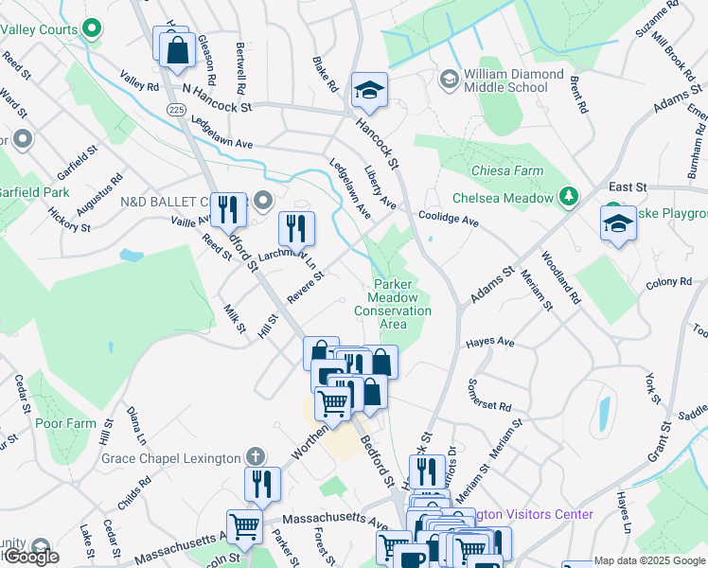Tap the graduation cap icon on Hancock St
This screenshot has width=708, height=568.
369,91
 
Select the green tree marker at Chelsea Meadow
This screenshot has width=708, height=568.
569,197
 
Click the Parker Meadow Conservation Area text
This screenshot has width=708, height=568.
393,304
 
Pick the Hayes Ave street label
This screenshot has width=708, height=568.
489,342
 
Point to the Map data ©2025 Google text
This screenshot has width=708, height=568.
648,560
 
